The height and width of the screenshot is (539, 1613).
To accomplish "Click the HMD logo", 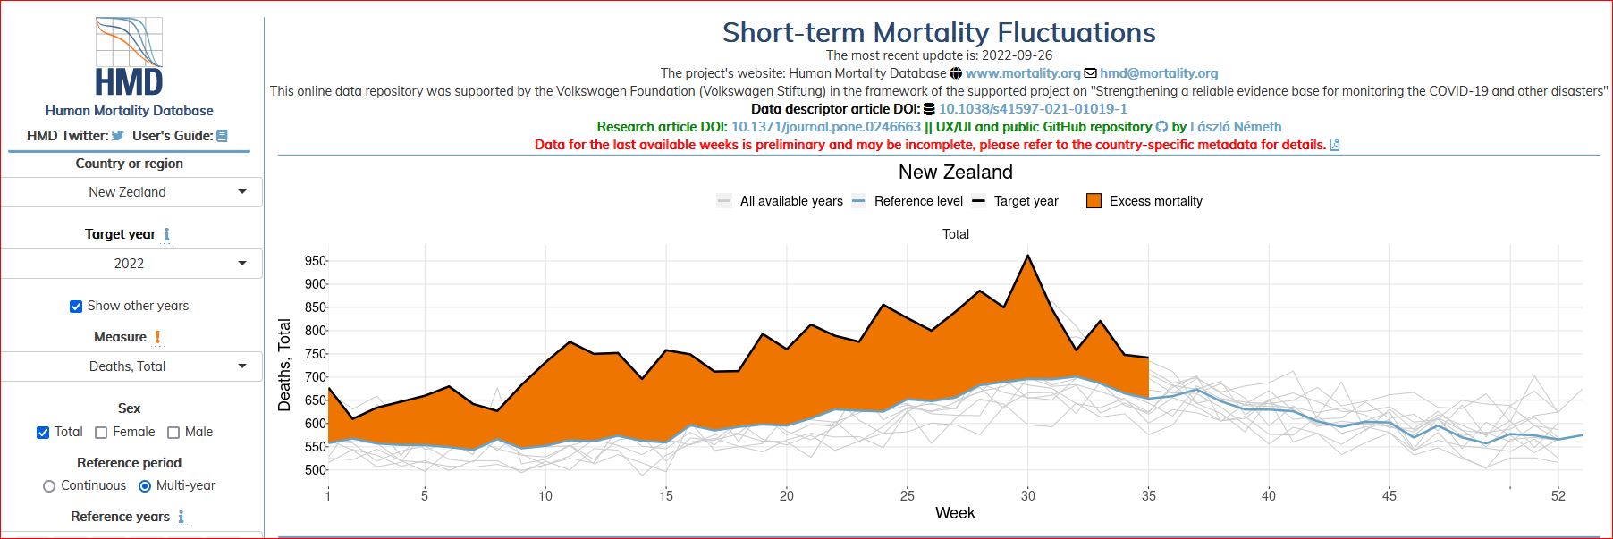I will click(129, 57).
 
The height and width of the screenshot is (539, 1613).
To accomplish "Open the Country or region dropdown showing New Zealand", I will click(131, 192).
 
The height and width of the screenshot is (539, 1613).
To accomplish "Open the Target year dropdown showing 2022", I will click(131, 264).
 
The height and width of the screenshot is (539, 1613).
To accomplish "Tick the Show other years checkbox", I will click(76, 307).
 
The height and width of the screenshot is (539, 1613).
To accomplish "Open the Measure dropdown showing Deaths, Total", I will click(131, 366).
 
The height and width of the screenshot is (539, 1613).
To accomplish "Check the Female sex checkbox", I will click(101, 433).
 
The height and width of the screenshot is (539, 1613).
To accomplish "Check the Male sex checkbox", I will click(173, 433).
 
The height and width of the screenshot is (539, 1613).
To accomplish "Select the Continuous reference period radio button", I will click(49, 486).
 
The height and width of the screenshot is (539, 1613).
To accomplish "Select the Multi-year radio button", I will click(145, 486).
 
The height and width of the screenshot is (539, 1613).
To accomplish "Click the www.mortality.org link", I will click(1023, 73).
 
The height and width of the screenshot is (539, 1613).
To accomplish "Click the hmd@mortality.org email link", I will click(1159, 73).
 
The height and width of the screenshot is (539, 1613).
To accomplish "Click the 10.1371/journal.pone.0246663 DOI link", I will click(825, 127).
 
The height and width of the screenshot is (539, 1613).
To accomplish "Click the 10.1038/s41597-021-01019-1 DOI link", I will click(1033, 109).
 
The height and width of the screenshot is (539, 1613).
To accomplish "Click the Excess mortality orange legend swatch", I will click(1094, 201).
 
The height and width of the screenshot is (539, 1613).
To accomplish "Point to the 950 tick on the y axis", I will click(316, 261).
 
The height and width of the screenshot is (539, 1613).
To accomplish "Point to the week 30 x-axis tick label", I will click(1028, 495).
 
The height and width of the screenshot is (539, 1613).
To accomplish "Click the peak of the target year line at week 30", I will click(1028, 256).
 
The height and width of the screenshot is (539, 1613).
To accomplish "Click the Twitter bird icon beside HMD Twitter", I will click(117, 136).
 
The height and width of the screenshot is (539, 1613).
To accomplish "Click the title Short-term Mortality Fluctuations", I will click(939, 33).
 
